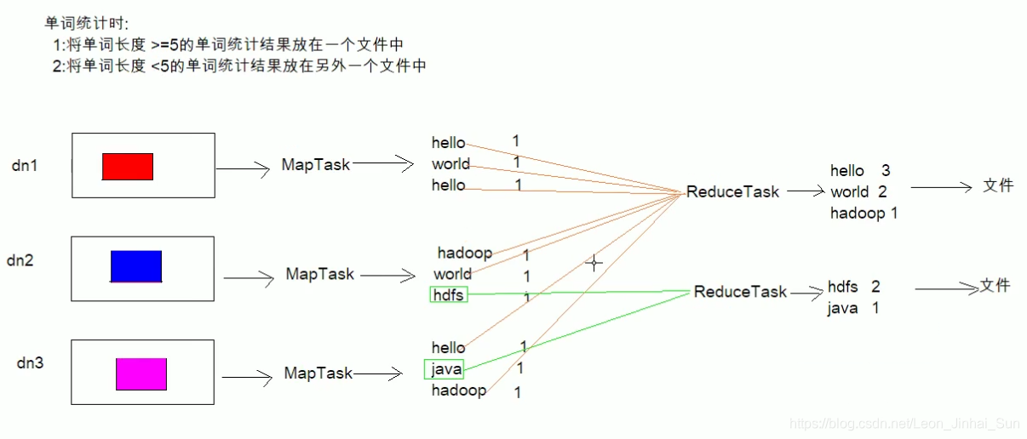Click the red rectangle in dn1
pos(128,167)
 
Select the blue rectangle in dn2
pos(136,266)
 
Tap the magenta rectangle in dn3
pos(141,374)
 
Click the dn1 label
pos(25,166)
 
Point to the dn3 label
pos(30,363)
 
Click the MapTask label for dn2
pos(319,275)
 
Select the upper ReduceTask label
pos(732,192)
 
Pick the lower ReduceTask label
pos(740,292)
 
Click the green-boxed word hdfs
pos(449,295)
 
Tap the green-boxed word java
pos(445,369)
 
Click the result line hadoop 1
pos(863,214)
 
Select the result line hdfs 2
pos(853,288)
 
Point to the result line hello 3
pos(860,171)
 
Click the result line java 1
pos(852,308)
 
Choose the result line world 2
pos(858,192)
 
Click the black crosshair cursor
pos(594,264)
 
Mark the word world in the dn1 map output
pos(450,164)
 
